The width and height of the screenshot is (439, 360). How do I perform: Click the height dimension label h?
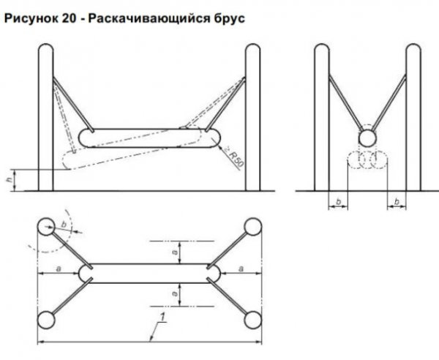pos(9,180)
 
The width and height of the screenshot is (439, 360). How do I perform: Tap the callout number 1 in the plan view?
pos(162,318)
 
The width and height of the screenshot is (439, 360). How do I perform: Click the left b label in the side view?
pos(338,201)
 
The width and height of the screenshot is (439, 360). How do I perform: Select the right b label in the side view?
pos(397,201)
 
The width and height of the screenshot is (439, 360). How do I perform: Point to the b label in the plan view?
pos(64,224)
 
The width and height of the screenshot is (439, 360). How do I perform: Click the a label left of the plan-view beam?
pos(59,269)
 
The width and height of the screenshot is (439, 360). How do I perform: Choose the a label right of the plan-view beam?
pos(241,269)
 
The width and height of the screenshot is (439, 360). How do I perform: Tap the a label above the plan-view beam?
pos(175,252)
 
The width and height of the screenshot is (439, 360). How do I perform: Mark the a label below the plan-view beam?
pos(175,293)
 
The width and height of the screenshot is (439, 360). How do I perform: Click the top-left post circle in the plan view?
pos(46,227)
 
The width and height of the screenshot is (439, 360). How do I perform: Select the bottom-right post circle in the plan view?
pos(253,320)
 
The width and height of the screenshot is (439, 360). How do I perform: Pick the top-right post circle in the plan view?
pos(253,227)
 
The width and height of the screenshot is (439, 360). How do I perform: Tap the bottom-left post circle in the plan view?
pos(46,320)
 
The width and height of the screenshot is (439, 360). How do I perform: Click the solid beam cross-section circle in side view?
pos(367,138)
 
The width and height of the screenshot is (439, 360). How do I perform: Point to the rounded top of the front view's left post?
pos(45,45)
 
